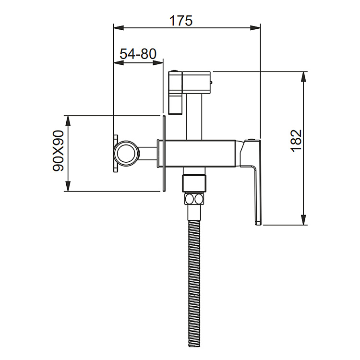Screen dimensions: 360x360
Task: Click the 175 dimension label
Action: click(180, 21)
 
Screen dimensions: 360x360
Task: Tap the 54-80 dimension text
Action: click(138, 54)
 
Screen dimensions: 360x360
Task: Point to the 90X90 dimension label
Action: click(58, 151)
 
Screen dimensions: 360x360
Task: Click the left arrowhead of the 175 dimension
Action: click(119, 28)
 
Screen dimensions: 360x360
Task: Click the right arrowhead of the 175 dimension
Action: click(255, 28)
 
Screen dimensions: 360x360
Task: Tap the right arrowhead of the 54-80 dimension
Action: click(158, 63)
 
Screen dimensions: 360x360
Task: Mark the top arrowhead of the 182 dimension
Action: click(303, 77)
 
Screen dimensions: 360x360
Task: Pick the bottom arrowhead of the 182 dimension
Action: click(303, 220)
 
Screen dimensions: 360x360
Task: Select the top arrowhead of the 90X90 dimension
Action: click(68, 120)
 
